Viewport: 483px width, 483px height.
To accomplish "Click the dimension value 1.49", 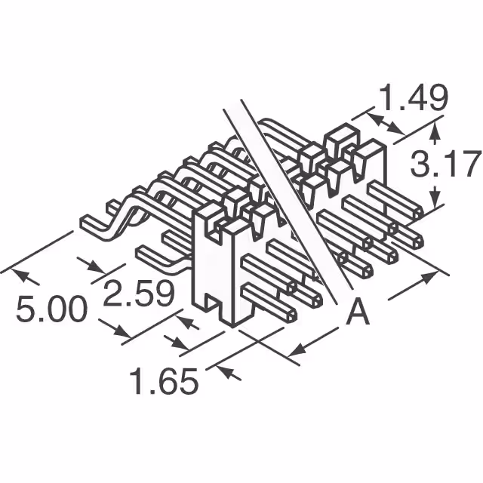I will click(x=413, y=97).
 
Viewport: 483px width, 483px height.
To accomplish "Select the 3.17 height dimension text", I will click(x=445, y=165).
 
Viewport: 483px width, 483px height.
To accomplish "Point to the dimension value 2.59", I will click(x=138, y=294).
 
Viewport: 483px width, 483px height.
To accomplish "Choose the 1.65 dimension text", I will click(x=164, y=381).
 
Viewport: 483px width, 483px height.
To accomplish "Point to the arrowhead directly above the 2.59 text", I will click(x=96, y=269).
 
